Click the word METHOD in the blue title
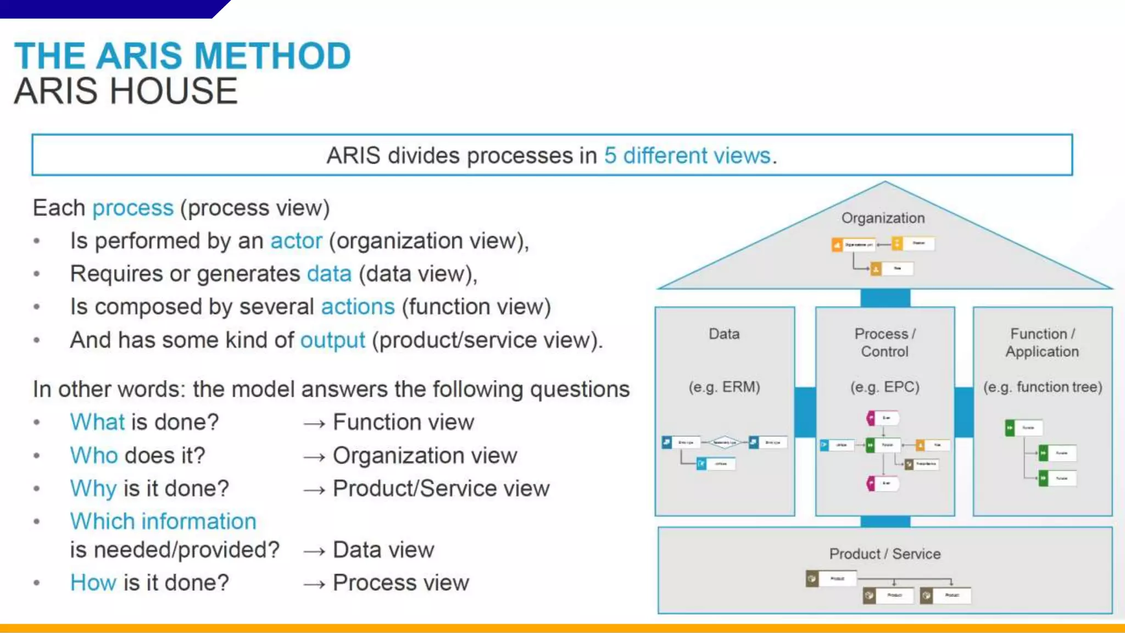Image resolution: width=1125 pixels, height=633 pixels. point(272,56)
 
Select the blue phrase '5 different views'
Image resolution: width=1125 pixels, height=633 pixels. point(687,156)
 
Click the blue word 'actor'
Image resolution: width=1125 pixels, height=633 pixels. point(296,241)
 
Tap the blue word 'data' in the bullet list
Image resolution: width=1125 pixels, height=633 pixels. point(329,274)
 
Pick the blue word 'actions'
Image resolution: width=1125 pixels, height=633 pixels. point(358,307)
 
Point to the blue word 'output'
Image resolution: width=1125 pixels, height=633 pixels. point(332,340)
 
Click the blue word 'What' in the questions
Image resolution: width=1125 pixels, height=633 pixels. point(97,423)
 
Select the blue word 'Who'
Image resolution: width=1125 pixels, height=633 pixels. point(94,456)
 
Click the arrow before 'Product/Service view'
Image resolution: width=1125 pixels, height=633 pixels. point(314,490)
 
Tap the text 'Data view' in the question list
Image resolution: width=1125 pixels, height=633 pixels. point(383,550)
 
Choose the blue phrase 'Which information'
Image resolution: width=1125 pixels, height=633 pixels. point(163,521)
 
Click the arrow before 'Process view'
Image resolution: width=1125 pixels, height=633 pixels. point(314,584)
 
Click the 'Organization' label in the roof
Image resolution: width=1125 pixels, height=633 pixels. point(883,218)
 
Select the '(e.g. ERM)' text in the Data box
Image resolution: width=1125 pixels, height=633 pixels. point(724,387)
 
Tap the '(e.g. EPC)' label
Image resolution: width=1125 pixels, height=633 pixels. point(884,387)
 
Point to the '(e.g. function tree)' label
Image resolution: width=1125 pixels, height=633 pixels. point(1043,387)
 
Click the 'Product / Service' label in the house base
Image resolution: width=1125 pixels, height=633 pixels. point(884,554)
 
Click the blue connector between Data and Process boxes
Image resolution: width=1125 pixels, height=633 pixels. point(805,412)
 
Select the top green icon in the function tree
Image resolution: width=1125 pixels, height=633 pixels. point(1010,428)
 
